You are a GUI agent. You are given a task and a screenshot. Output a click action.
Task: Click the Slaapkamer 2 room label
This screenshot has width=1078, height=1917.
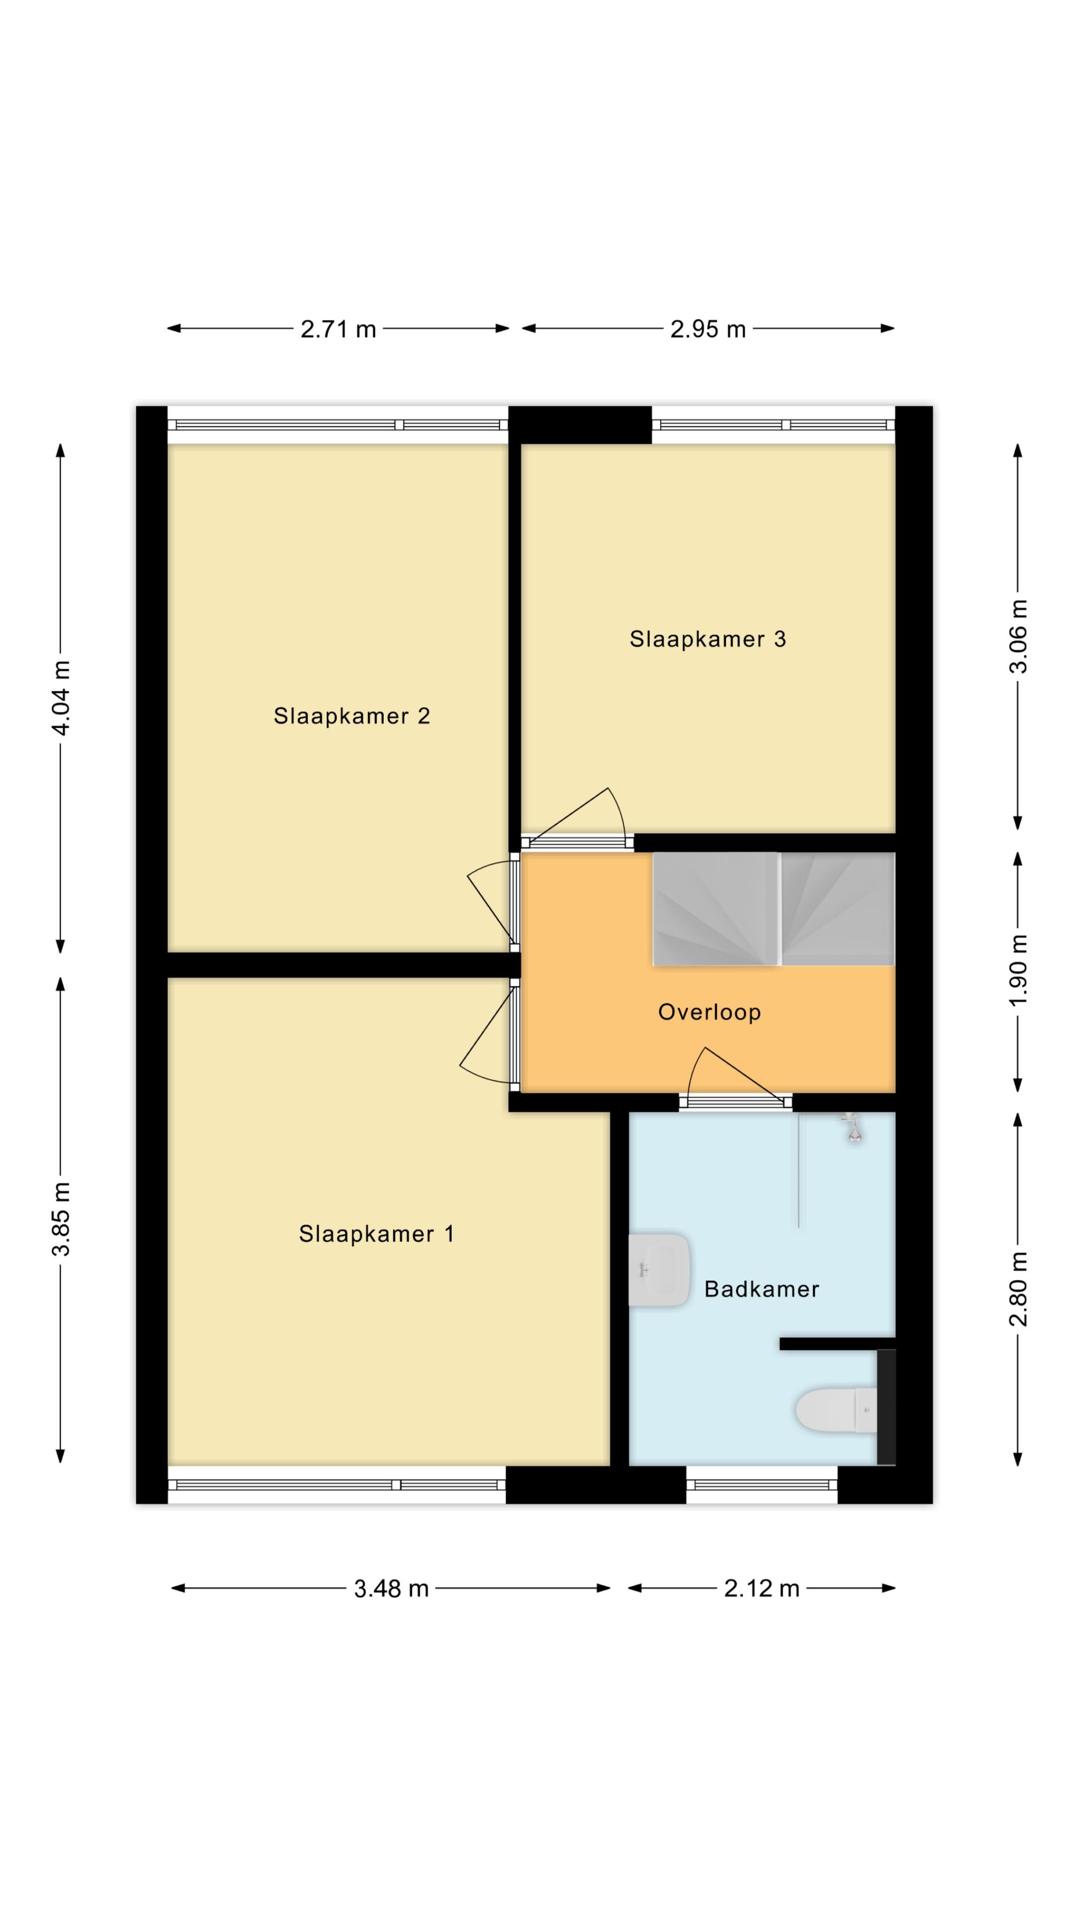click(352, 716)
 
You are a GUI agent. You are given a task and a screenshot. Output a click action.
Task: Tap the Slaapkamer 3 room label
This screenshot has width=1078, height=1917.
click(708, 639)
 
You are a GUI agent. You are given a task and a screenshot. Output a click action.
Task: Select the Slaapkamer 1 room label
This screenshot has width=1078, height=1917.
click(376, 1234)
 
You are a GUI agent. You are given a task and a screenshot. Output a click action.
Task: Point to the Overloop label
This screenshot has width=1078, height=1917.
click(709, 1012)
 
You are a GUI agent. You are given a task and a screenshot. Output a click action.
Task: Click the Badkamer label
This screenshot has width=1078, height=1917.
click(762, 1289)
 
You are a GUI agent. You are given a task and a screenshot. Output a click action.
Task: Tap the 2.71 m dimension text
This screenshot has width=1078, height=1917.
click(338, 329)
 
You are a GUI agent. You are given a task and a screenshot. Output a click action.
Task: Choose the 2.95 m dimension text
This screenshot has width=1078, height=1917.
click(708, 329)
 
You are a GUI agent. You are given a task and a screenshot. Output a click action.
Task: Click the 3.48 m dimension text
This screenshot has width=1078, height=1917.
click(391, 1589)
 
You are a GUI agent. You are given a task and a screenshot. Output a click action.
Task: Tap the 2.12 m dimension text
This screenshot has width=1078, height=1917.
click(762, 1589)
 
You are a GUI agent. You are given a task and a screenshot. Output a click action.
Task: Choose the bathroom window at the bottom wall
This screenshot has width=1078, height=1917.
click(762, 1485)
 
